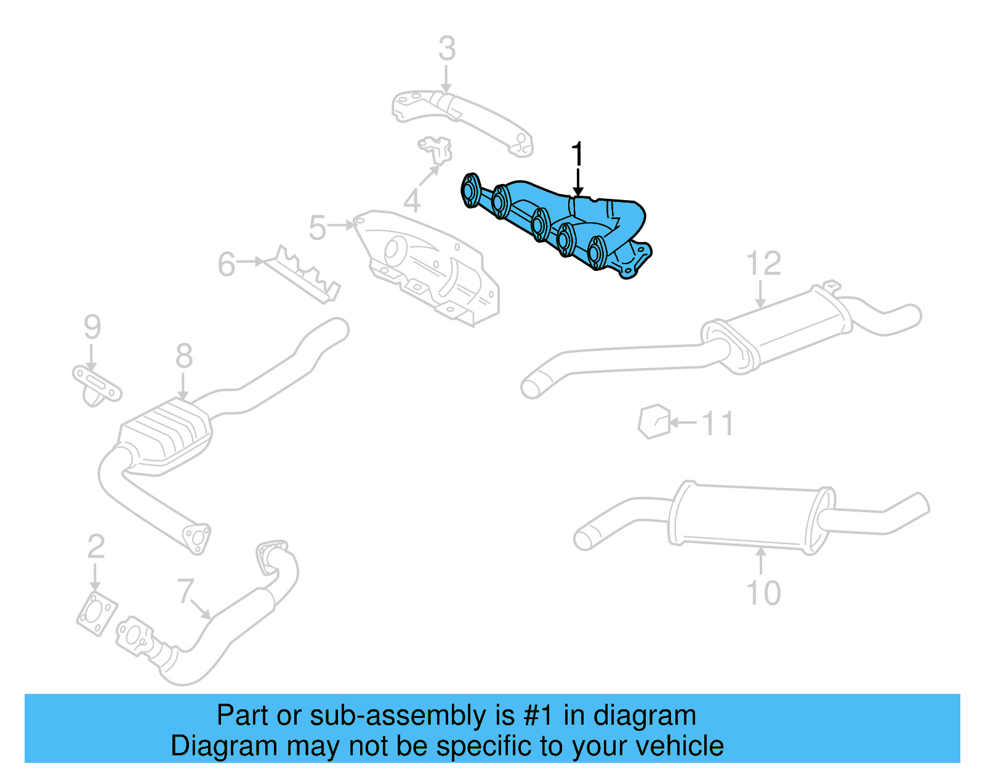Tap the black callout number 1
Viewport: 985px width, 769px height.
pyautogui.click(x=577, y=154)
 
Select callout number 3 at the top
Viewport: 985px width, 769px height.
pyautogui.click(x=447, y=49)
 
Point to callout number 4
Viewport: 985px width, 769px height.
pyautogui.click(x=412, y=201)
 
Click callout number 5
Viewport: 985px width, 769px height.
pyautogui.click(x=317, y=228)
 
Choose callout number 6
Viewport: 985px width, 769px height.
pyautogui.click(x=226, y=264)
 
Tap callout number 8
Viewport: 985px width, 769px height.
pyautogui.click(x=183, y=356)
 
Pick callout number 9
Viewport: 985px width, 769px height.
pyautogui.click(x=92, y=326)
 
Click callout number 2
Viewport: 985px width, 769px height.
pyautogui.click(x=95, y=547)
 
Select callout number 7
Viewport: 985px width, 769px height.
pyautogui.click(x=185, y=591)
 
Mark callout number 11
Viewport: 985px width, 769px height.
pyautogui.click(x=718, y=424)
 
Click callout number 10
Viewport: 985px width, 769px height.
pyautogui.click(x=763, y=593)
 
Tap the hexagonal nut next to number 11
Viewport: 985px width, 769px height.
pyautogui.click(x=654, y=422)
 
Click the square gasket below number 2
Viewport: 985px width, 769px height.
pyautogui.click(x=97, y=613)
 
